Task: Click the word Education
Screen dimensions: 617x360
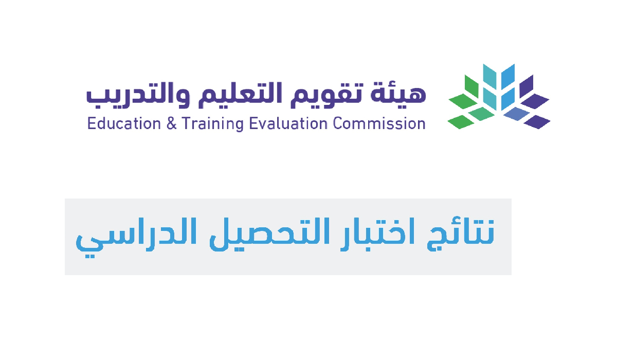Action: (124, 123)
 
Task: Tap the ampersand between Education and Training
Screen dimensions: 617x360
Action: (171, 123)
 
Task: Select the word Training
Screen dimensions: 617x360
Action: (213, 124)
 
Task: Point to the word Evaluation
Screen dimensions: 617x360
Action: (288, 123)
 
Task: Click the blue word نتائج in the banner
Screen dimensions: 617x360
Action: (461, 233)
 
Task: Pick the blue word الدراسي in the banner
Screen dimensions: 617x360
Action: (136, 238)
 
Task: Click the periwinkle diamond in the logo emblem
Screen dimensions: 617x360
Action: (517, 114)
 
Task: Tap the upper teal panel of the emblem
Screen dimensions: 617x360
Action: (489, 77)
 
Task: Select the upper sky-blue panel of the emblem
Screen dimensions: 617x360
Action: (508, 77)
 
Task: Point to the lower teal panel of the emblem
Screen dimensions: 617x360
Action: (489, 99)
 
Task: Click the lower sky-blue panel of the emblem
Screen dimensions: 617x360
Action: (508, 99)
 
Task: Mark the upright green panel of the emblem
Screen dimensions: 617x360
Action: (471, 86)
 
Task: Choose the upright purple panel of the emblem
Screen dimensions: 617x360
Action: (527, 86)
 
